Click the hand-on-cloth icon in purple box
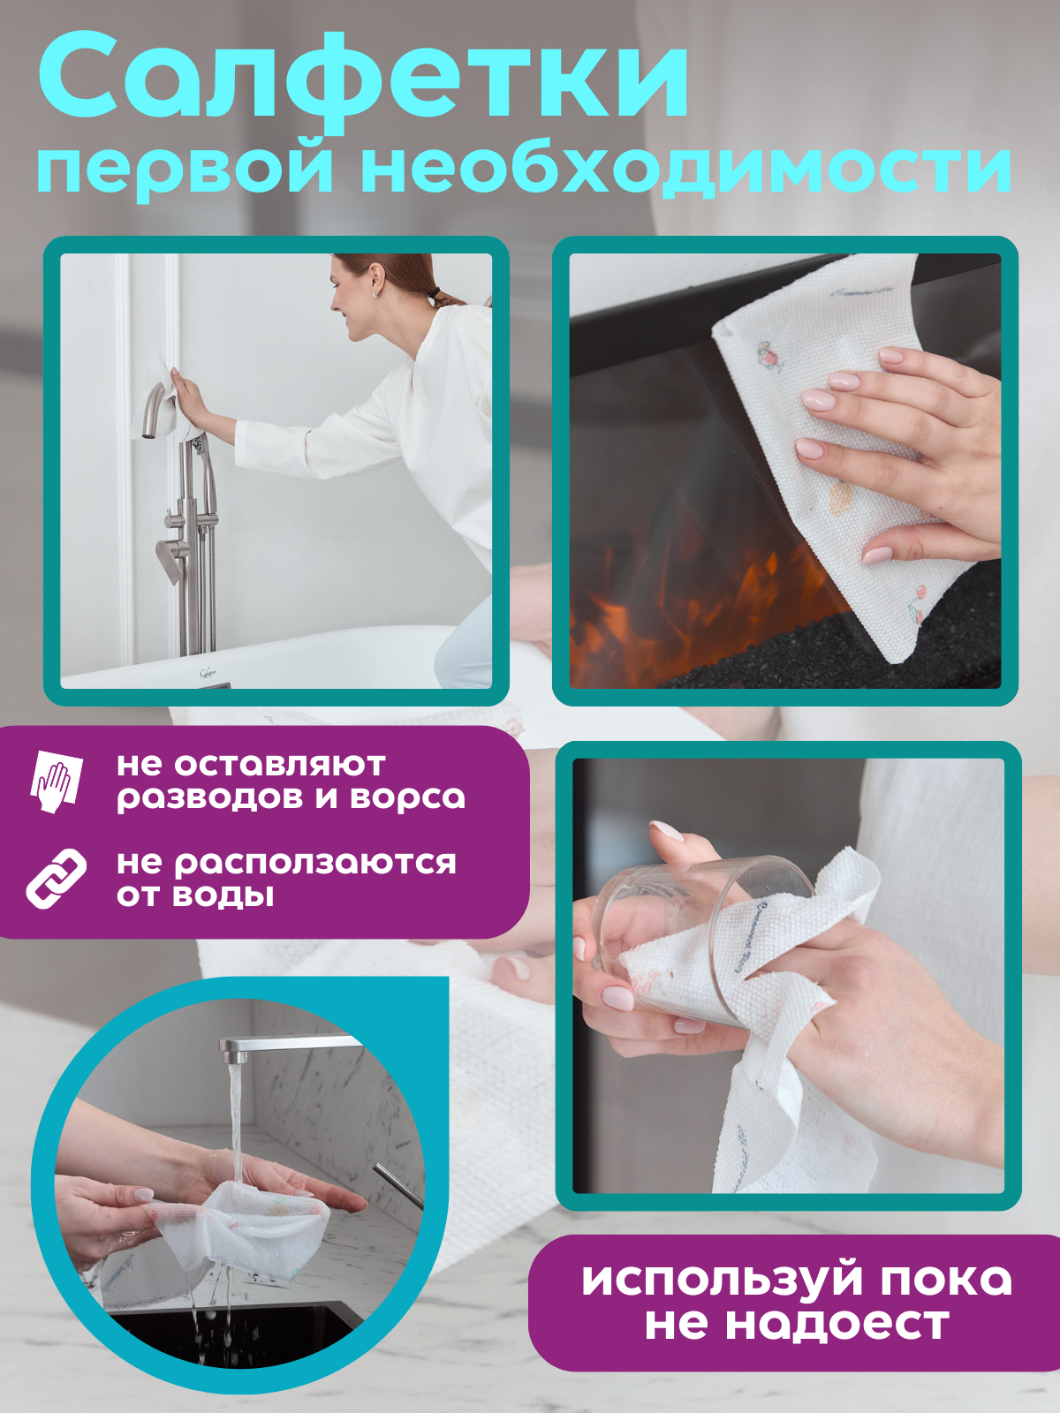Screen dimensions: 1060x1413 (x=57, y=781)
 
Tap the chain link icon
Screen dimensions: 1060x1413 (x=56, y=878)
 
